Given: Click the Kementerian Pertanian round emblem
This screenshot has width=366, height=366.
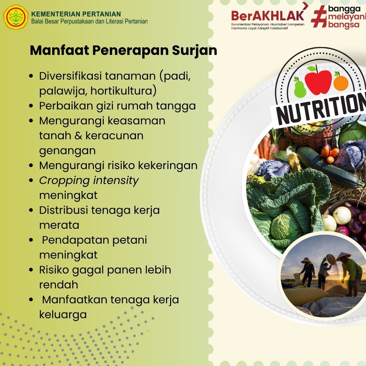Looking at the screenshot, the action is tap(16, 17).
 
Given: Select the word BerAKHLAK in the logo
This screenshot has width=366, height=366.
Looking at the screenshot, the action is tap(268, 16).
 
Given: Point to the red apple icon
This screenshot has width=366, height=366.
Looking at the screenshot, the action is tap(318, 81).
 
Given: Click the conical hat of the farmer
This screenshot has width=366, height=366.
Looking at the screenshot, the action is tap(343, 257).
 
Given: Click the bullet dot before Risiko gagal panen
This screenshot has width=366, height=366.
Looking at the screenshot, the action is tap(31, 270).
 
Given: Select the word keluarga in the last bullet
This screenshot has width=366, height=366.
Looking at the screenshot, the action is tap(63, 315).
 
